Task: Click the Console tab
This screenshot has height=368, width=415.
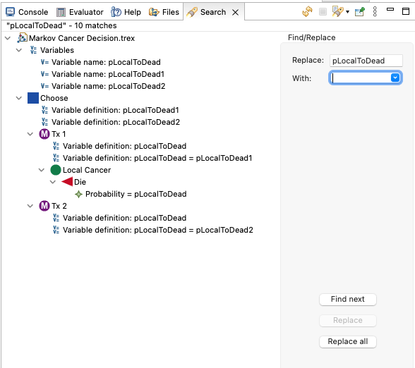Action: pos(27,12)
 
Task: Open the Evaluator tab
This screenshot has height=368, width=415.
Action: pos(80,12)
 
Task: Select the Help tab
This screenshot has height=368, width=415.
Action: pos(126,12)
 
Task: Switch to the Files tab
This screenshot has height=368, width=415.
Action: pos(164,12)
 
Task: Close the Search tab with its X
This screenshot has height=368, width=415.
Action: pos(235,12)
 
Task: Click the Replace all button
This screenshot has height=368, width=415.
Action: pos(347,341)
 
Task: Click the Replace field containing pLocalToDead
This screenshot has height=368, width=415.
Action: pos(366,61)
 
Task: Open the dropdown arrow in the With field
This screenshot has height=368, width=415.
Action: pos(395,78)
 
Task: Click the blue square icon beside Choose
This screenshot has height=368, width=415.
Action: pos(33,98)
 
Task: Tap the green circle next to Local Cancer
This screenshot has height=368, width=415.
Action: pos(56,170)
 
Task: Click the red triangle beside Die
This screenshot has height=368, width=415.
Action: pos(67,182)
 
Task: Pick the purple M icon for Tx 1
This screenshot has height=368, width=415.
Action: pos(44,134)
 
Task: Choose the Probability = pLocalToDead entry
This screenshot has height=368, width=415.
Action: pos(136,194)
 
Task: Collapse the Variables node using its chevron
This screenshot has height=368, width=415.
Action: pos(19,50)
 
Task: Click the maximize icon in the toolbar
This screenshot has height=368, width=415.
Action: pos(406,11)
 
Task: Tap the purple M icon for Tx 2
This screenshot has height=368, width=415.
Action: pos(44,206)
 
